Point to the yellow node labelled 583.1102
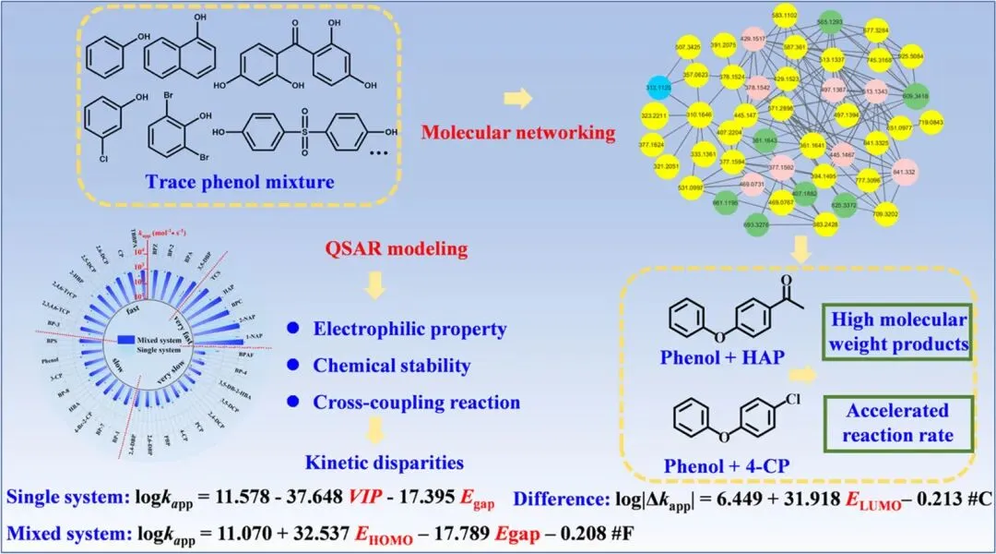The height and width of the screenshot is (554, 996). [x=760, y=17]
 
